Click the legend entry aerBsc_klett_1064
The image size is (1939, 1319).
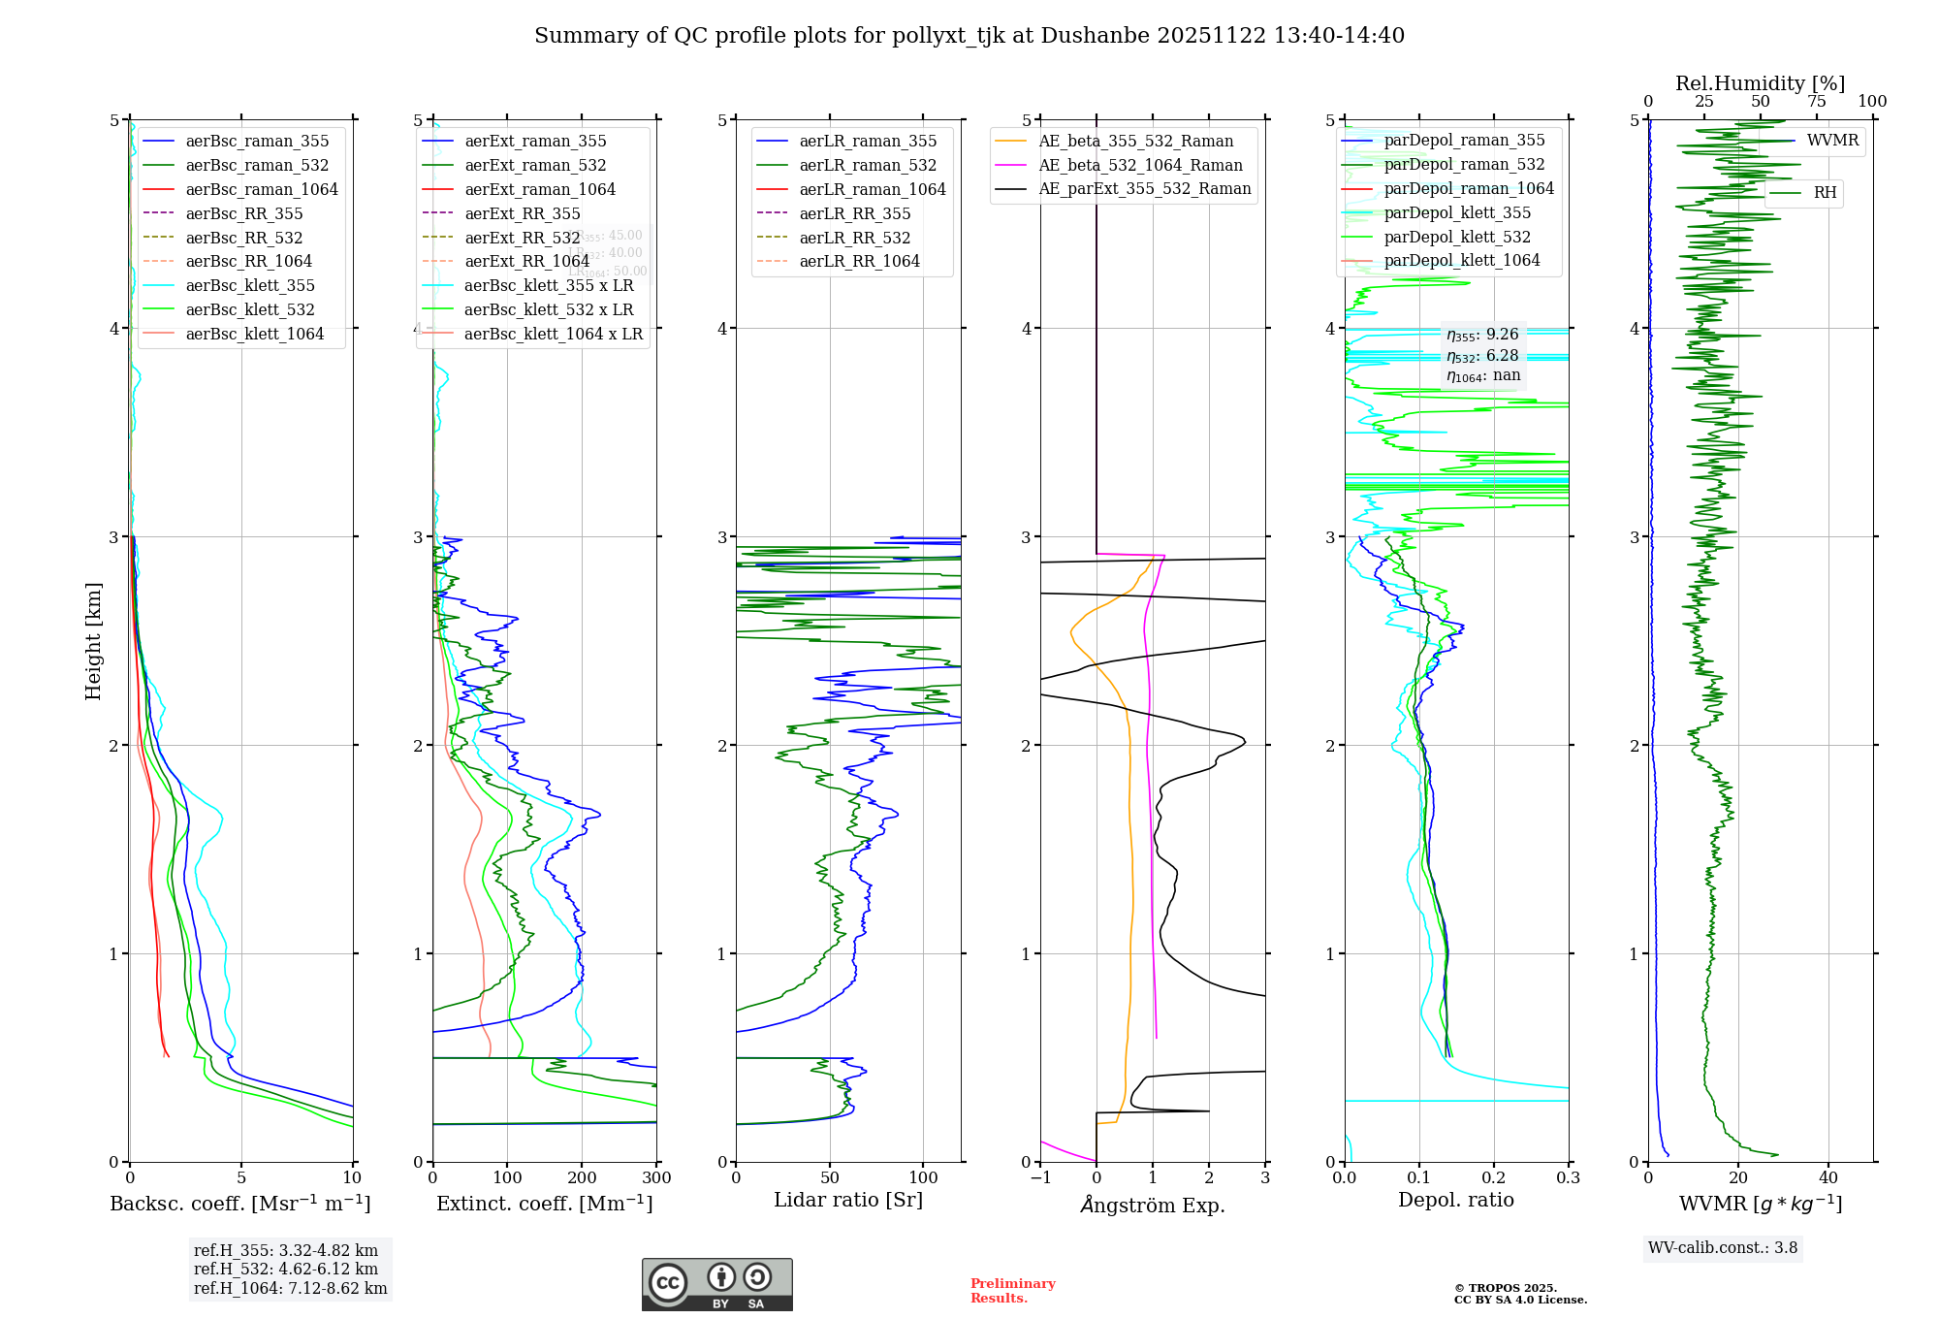click(254, 334)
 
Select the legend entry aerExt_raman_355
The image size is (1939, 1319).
click(535, 141)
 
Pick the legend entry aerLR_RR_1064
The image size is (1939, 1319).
click(859, 261)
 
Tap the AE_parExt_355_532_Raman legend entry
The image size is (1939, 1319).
click(1144, 188)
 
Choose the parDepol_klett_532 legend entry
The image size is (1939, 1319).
click(1457, 237)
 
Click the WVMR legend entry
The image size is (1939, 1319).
click(1832, 141)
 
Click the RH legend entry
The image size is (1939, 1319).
click(1825, 193)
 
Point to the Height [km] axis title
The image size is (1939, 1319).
click(93, 641)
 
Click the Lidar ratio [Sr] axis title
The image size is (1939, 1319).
click(848, 1200)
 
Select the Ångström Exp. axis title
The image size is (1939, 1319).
click(1153, 1205)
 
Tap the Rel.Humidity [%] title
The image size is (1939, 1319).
click(1760, 83)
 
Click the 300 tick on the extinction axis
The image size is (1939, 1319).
click(656, 1177)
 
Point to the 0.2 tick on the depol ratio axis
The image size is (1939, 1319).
click(1494, 1177)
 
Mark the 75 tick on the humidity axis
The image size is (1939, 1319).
click(1817, 102)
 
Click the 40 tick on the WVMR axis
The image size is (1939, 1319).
click(1828, 1177)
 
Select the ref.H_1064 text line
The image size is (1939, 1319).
click(290, 1288)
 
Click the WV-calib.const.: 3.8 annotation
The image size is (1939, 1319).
click(1723, 1247)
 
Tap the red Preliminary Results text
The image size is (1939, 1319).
click(1012, 1290)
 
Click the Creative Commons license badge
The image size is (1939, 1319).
click(716, 1285)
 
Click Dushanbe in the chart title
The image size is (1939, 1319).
click(1095, 36)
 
